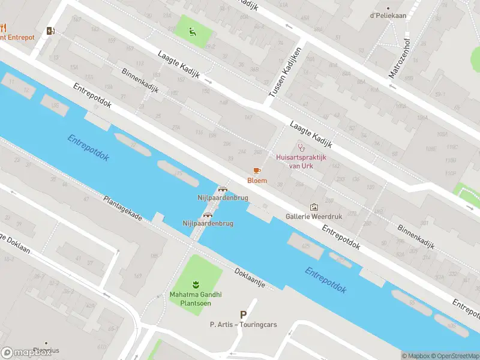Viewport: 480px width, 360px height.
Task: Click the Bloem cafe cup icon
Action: pyautogui.click(x=257, y=171)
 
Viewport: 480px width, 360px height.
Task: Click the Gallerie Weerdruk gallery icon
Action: pyautogui.click(x=313, y=207)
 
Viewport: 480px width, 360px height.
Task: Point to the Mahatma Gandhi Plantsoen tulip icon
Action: pyautogui.click(x=194, y=283)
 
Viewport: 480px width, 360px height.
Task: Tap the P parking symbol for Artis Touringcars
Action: pyautogui.click(x=243, y=314)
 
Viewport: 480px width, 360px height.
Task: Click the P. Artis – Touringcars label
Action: pyautogui.click(x=243, y=325)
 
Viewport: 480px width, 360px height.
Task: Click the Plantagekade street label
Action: pyautogui.click(x=122, y=209)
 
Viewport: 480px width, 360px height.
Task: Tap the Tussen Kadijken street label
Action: pyautogui.click(x=284, y=73)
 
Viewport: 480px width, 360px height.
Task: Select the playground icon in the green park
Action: pyautogui.click(x=192, y=32)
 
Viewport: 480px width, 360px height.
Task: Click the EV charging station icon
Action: pyautogui.click(x=50, y=30)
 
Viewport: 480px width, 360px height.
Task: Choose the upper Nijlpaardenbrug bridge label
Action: pyautogui.click(x=223, y=197)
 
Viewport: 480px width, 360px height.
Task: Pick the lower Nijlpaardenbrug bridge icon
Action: pyautogui.click(x=208, y=215)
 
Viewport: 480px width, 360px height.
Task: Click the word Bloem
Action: pyautogui.click(x=257, y=181)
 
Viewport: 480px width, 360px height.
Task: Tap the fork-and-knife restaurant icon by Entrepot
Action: pyautogui.click(x=3, y=28)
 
